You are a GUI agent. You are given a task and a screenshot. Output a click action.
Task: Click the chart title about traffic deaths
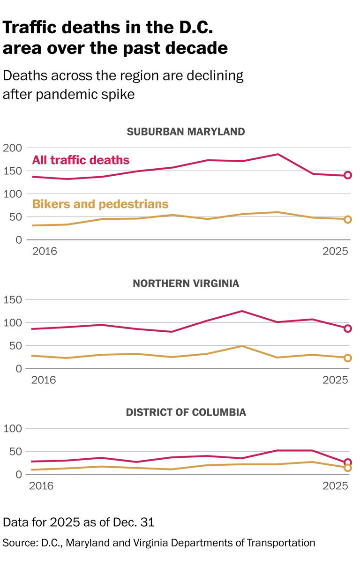[115, 38]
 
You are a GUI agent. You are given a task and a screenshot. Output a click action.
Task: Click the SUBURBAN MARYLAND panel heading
[186, 132]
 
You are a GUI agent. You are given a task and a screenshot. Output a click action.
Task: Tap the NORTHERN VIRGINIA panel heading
[186, 283]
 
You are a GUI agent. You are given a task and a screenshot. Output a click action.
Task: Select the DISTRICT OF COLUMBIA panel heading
[186, 412]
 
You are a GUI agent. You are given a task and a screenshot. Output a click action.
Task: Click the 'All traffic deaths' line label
[81, 160]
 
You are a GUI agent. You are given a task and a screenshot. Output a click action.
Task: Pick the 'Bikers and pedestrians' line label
[100, 204]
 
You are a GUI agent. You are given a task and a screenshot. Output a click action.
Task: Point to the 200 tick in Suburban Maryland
[13, 148]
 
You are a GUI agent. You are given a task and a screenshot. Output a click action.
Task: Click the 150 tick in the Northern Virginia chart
[13, 300]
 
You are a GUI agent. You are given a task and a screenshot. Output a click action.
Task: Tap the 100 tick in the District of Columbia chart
[13, 429]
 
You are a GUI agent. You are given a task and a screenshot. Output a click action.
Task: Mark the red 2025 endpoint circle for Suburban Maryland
[348, 175]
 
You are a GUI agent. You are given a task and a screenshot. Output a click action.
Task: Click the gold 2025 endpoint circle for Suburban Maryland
[348, 219]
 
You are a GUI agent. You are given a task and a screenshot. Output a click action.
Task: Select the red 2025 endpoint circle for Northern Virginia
[348, 328]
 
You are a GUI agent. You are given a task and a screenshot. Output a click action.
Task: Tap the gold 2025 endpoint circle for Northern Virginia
[348, 358]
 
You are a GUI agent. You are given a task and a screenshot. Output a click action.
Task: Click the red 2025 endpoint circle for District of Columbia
[348, 463]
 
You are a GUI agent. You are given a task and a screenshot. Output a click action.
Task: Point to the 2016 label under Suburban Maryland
[44, 251]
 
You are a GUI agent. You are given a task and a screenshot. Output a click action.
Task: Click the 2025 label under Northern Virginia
[335, 380]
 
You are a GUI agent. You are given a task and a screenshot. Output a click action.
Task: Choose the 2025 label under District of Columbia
[335, 486]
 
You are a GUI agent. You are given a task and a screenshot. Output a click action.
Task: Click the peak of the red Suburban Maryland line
[278, 154]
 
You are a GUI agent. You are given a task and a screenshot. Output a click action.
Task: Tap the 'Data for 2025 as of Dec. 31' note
[78, 522]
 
